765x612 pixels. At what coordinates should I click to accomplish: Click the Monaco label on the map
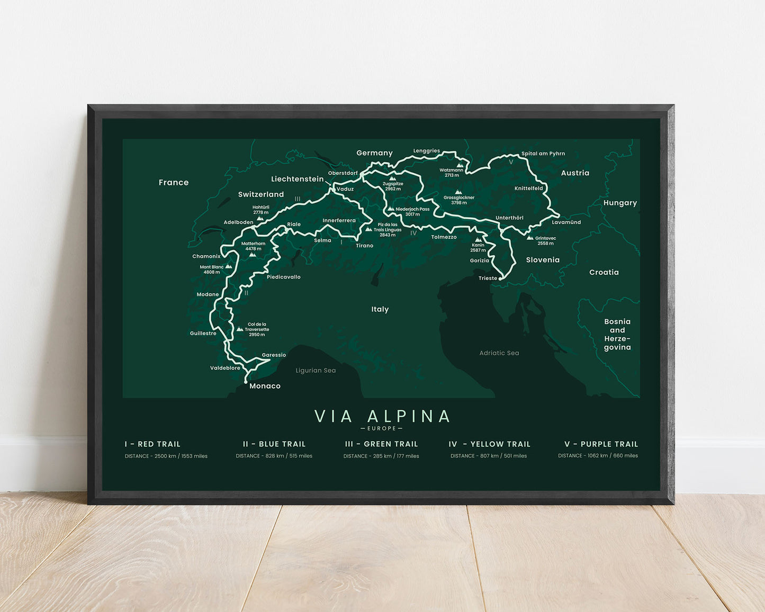click(x=265, y=386)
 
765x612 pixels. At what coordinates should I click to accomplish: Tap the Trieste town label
click(x=488, y=278)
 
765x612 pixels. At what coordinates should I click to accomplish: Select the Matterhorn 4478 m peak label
click(x=254, y=246)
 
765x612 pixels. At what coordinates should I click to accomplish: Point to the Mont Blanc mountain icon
click(x=229, y=266)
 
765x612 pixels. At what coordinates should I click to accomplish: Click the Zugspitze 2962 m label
click(x=393, y=186)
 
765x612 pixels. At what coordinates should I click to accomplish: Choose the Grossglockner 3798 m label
click(x=459, y=200)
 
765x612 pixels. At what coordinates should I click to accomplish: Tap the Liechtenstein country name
click(x=297, y=179)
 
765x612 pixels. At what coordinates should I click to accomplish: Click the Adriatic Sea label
click(x=499, y=353)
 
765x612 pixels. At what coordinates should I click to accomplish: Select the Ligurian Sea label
click(x=316, y=371)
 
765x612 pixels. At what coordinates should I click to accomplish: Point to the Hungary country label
click(x=620, y=203)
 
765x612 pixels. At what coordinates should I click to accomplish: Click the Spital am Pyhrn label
click(x=543, y=154)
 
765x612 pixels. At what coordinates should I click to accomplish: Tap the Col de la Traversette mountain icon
click(x=240, y=329)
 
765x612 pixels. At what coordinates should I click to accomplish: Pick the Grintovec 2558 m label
click(x=545, y=241)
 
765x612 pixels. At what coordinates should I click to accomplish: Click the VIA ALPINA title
click(x=382, y=416)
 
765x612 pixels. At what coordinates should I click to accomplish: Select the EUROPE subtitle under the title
click(x=382, y=428)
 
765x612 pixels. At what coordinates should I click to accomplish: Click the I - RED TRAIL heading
click(x=152, y=444)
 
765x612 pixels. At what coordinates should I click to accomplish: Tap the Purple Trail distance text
click(x=598, y=456)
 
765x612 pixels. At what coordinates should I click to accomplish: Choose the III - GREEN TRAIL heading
click(x=381, y=444)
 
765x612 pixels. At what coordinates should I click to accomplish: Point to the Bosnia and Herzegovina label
click(x=617, y=335)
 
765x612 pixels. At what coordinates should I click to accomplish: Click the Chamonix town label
click(x=206, y=256)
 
